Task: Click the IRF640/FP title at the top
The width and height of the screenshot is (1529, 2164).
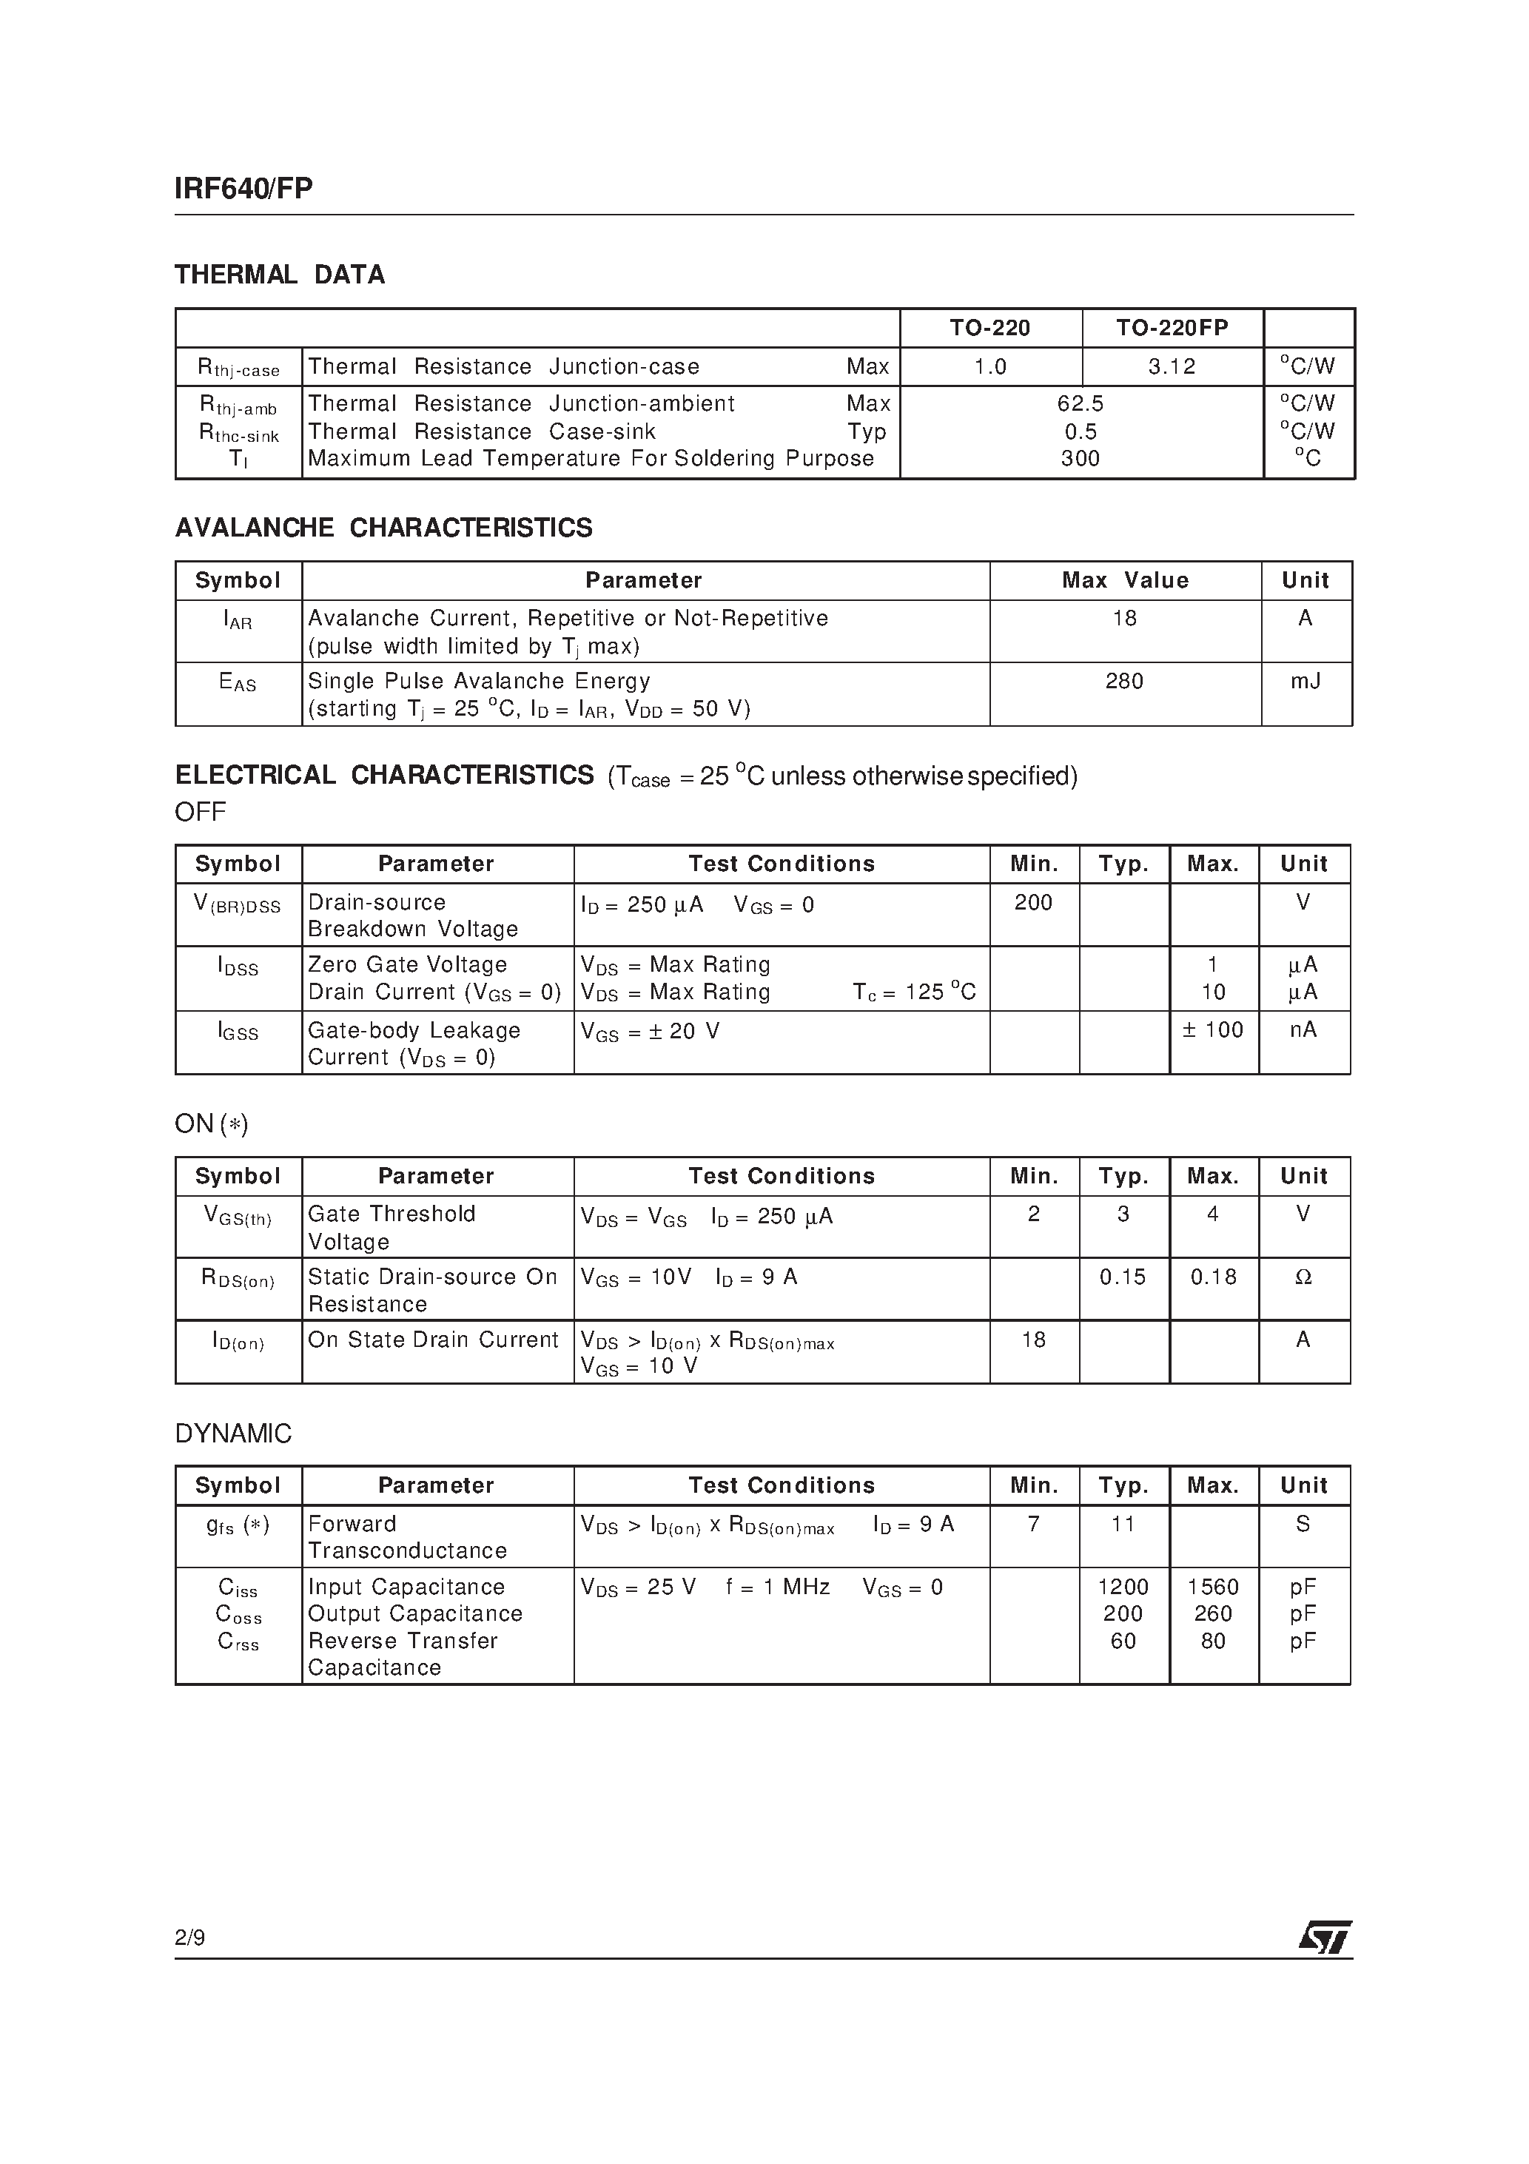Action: click(243, 189)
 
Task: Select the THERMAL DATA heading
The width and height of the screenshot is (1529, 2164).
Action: click(280, 275)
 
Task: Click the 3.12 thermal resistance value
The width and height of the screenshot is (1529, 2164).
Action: click(1172, 366)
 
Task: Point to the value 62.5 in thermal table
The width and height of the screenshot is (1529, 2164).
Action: click(1081, 403)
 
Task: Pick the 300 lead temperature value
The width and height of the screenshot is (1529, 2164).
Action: click(1081, 459)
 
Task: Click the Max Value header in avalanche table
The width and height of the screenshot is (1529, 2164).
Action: click(1125, 580)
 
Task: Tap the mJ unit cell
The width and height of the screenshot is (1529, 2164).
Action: click(1305, 680)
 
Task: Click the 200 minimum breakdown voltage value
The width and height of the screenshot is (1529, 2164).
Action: click(1033, 902)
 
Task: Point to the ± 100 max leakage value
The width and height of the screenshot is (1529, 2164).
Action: click(1213, 1030)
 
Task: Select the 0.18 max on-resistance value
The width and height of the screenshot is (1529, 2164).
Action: click(1213, 1277)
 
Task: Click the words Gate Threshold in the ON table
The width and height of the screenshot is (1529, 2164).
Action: click(392, 1214)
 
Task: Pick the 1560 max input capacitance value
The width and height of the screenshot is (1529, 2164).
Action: click(1213, 1587)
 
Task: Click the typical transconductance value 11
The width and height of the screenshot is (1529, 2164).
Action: click(1123, 1524)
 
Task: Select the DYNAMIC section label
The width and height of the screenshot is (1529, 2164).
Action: click(233, 1434)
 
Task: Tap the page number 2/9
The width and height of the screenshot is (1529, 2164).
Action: click(189, 1938)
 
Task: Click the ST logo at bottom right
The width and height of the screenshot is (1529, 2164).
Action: click(1325, 1938)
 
